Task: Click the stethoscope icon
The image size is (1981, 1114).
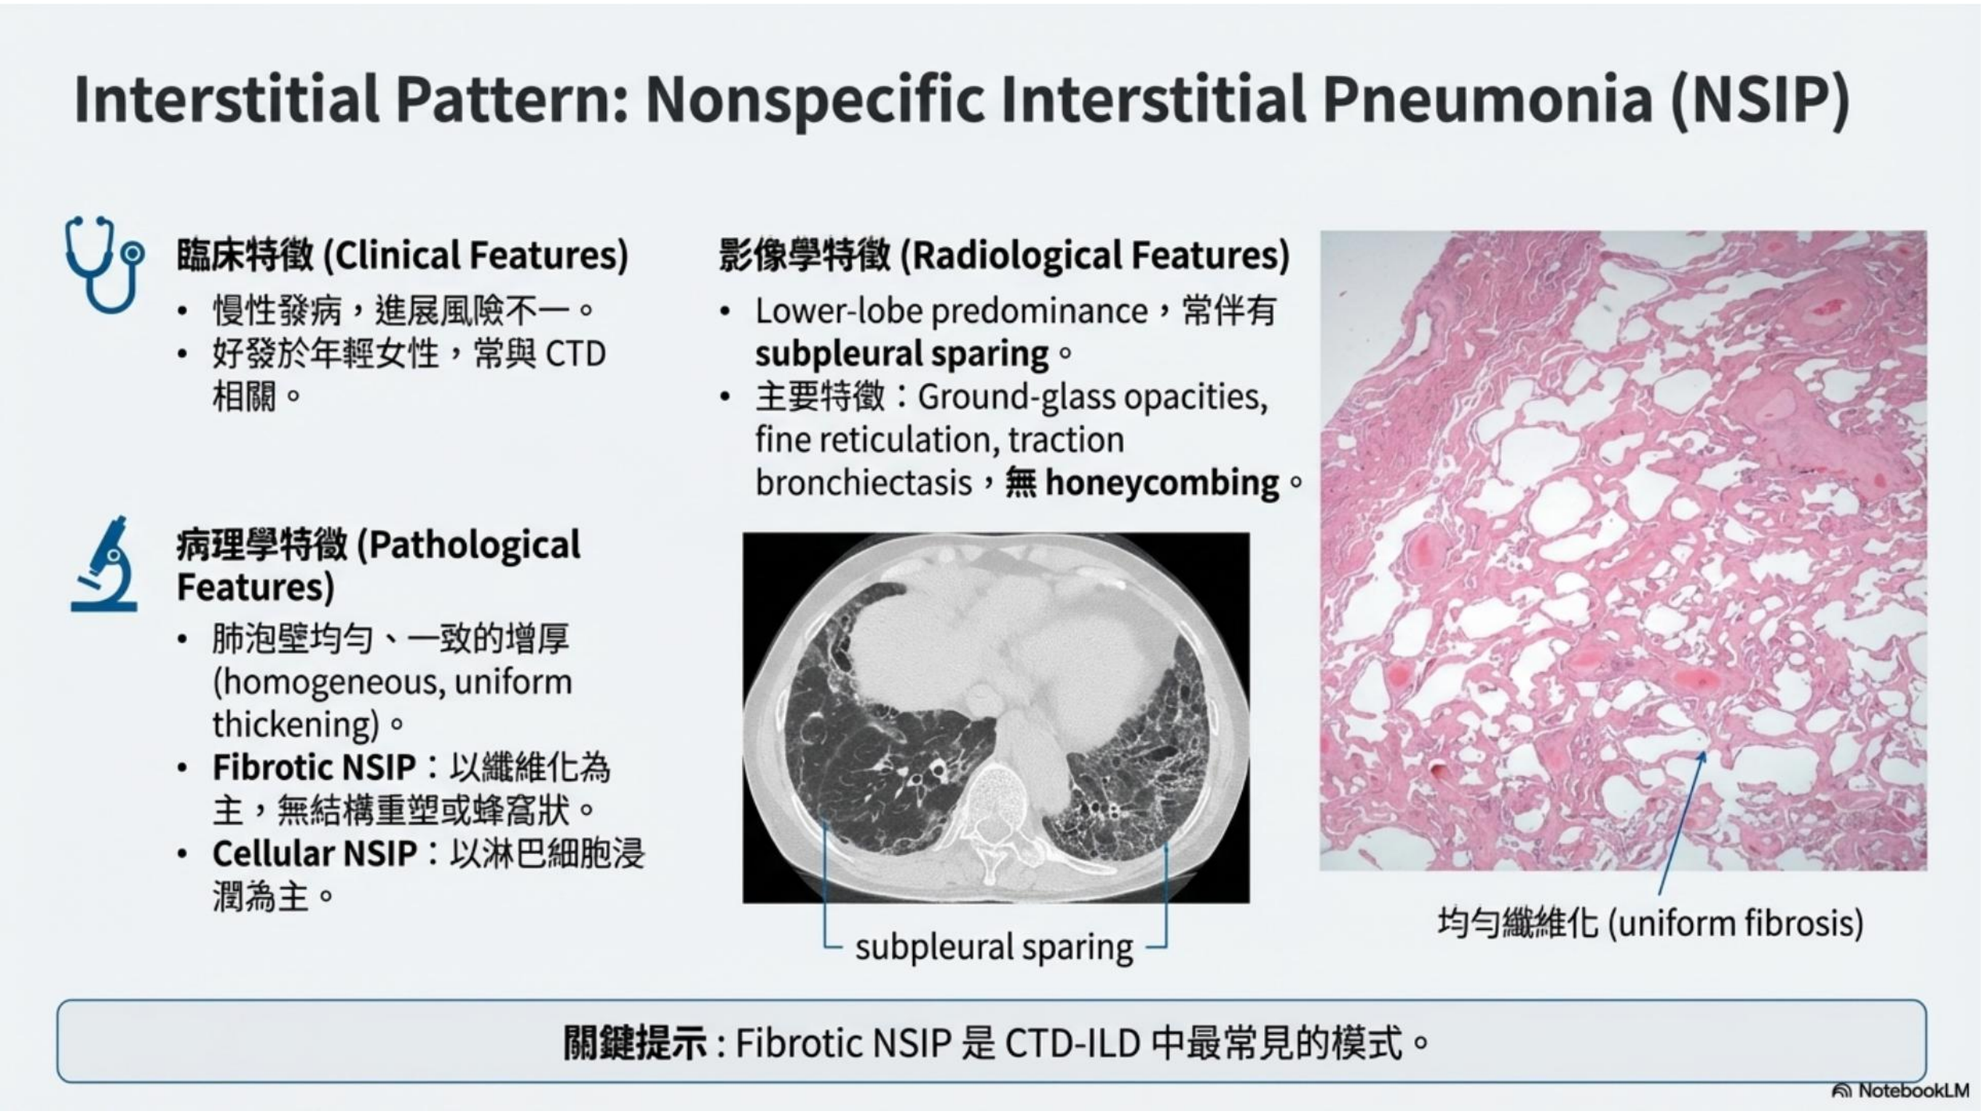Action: coord(104,264)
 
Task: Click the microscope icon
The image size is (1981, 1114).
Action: coord(104,564)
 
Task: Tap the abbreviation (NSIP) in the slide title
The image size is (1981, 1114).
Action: coord(1760,101)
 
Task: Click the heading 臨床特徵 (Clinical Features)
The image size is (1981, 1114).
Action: coord(402,255)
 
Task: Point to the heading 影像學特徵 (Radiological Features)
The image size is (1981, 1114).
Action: coord(1004,255)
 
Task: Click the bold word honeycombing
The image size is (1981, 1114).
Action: coord(1162,483)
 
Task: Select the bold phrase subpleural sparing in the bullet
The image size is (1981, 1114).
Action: coord(902,354)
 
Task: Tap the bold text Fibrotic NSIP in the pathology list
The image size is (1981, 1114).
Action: coord(313,767)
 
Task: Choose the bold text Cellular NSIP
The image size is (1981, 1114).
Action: coord(314,853)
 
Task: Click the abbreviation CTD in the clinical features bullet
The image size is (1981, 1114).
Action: coord(575,354)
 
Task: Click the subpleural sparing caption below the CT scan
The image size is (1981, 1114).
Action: coord(994,947)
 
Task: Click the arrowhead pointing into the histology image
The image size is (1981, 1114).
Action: coord(1702,758)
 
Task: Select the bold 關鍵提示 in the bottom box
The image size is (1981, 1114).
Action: coord(635,1043)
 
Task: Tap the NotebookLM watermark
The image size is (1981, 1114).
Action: coord(1900,1090)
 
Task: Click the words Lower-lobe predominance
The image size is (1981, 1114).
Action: coord(952,311)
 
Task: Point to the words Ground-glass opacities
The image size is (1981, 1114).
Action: coord(1092,397)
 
